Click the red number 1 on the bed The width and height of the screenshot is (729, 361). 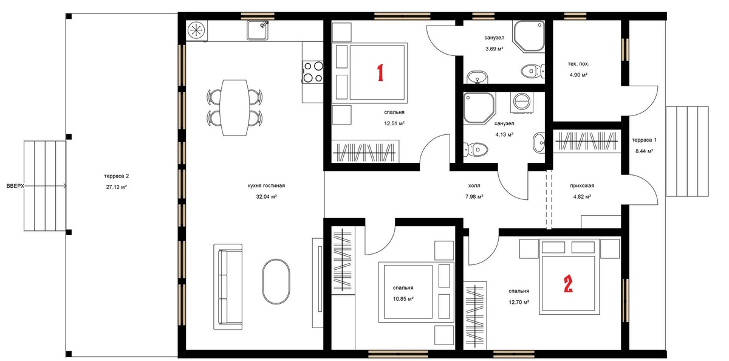click(380, 72)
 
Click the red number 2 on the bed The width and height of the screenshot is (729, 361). click(568, 284)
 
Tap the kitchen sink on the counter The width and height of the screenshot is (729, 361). click(258, 30)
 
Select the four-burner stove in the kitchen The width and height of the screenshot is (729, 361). click(313, 72)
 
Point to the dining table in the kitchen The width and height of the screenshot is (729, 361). click(234, 108)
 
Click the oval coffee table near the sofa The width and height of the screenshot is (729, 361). click(276, 281)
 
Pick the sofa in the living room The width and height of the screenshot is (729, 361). click(228, 287)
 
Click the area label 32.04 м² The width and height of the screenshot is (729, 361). click(266, 197)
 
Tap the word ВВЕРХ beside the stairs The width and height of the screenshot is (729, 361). click(15, 186)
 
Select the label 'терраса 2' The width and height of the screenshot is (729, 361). click(117, 176)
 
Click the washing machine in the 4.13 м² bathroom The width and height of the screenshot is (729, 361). click(522, 102)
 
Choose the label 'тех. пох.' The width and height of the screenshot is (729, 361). click(578, 64)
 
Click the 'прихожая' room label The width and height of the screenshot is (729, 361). click(582, 185)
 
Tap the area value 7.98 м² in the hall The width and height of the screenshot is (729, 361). click(474, 197)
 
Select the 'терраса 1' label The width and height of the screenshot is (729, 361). click(645, 140)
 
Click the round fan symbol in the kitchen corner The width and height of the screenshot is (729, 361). click(197, 30)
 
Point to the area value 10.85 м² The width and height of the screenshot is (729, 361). click(403, 299)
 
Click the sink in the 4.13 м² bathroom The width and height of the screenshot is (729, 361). click(539, 143)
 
